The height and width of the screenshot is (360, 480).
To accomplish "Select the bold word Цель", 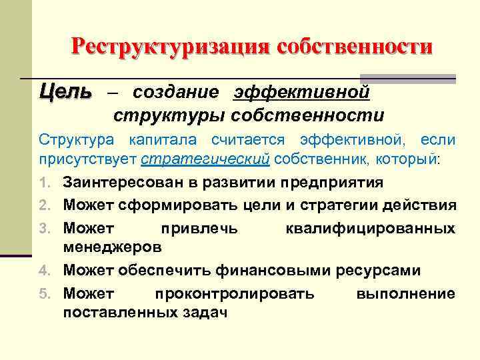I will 65,91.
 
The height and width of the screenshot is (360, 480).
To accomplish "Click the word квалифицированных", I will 370,228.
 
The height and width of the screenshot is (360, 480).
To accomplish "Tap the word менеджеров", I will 112,247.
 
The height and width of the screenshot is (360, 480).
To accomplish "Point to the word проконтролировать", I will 235,293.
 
